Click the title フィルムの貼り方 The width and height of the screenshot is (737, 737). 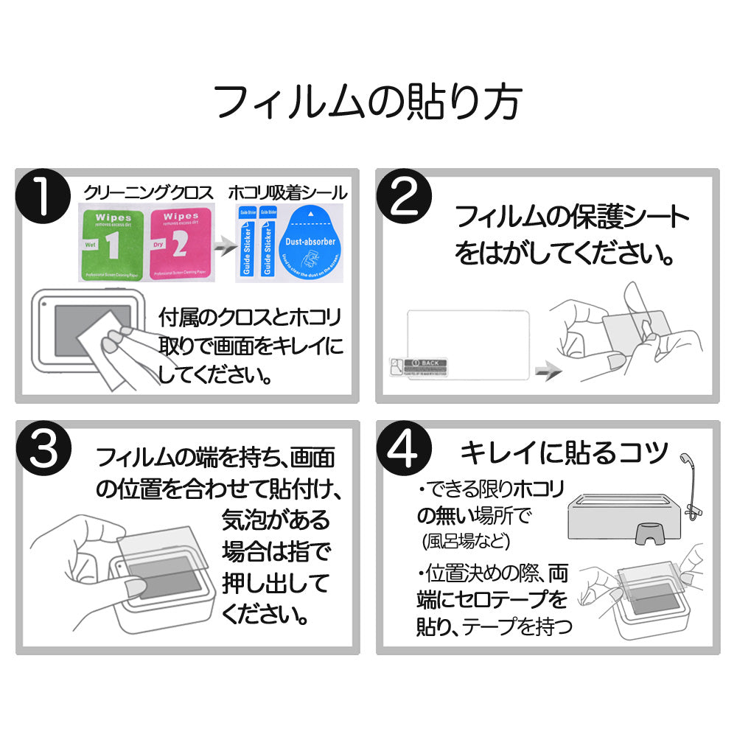[368, 102]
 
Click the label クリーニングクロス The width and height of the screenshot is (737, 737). [148, 193]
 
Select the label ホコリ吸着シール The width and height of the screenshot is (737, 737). [287, 193]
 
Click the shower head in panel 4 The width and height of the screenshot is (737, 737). [687, 461]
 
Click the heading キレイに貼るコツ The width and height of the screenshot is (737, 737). [564, 451]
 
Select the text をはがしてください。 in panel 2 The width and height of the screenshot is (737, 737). [565, 254]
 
